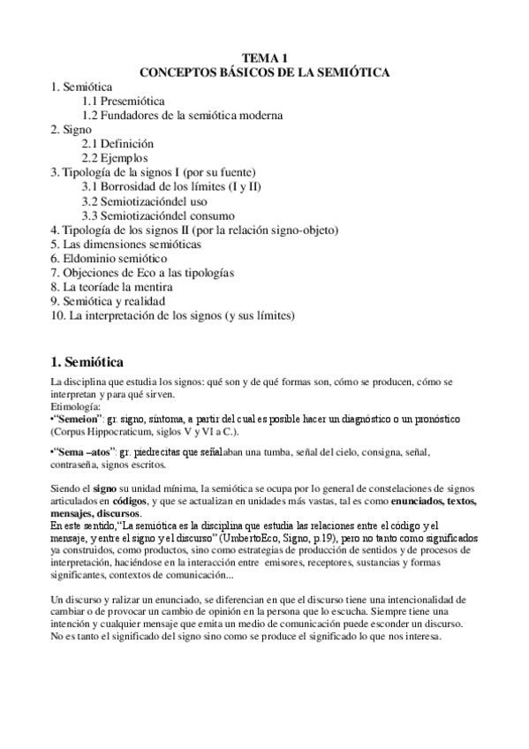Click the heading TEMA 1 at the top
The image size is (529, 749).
tap(265, 57)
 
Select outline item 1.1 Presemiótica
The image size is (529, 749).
tap(124, 102)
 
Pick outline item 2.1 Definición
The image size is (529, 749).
tap(117, 144)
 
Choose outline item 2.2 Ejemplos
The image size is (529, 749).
tap(115, 158)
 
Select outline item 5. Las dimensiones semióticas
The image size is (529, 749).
tap(126, 243)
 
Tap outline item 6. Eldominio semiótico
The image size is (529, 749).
tap(109, 258)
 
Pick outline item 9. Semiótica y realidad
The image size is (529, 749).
tap(108, 300)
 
